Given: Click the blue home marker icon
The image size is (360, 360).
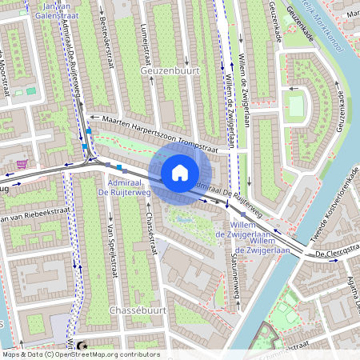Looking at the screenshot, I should click(x=180, y=172).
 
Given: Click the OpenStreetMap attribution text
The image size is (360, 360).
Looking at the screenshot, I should click(x=80, y=354).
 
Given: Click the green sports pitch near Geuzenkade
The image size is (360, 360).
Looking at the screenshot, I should click(x=297, y=105).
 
